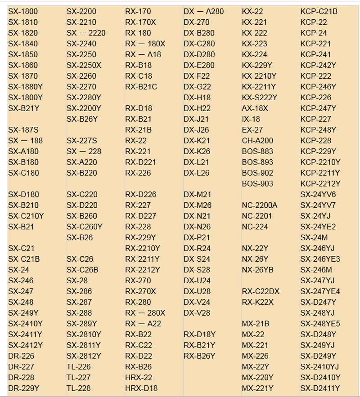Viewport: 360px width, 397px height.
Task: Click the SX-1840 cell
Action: pos(23,44)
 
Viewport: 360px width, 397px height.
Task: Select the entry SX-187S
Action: pos(23,130)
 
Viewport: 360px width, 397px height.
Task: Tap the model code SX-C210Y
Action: pos(26,216)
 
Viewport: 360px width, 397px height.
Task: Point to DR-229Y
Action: pos(24,388)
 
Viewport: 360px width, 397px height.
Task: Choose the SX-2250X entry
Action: pos(84,65)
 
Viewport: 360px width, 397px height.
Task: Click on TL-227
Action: pos(79,377)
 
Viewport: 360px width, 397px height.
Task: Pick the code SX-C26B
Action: pos(82,270)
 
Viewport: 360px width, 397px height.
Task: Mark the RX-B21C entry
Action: pos(141,87)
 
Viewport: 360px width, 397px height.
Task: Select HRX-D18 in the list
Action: pos(141,388)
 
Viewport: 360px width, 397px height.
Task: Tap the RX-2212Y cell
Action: pos(143,270)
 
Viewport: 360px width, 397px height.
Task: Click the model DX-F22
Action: pos(197,76)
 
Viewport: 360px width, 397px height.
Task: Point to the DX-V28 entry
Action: pos(197,312)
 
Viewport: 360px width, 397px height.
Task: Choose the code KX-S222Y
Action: pos(260,98)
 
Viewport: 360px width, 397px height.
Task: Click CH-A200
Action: pos(257,141)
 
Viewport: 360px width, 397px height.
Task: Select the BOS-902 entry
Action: pos(257,173)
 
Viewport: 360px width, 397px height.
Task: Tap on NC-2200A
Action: pos(260,205)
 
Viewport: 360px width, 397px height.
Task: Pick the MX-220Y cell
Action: pos(257,377)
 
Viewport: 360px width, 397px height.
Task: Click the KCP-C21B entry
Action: pos(319,11)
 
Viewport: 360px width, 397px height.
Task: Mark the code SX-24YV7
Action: pos(318,205)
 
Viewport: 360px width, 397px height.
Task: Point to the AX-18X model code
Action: pos(255,108)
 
